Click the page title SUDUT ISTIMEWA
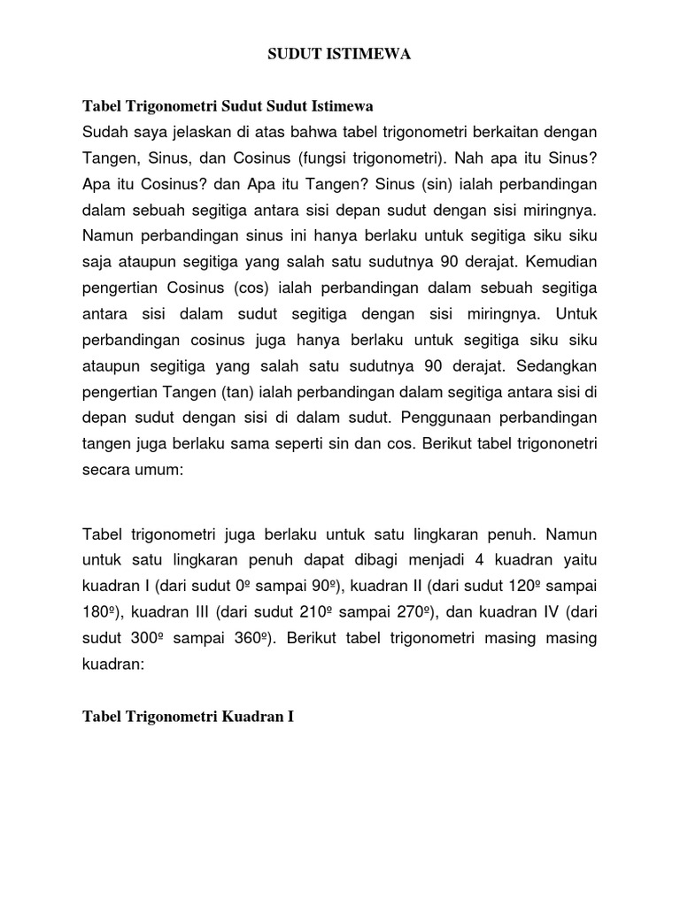coord(340,55)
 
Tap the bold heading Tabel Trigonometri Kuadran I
coord(188,717)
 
